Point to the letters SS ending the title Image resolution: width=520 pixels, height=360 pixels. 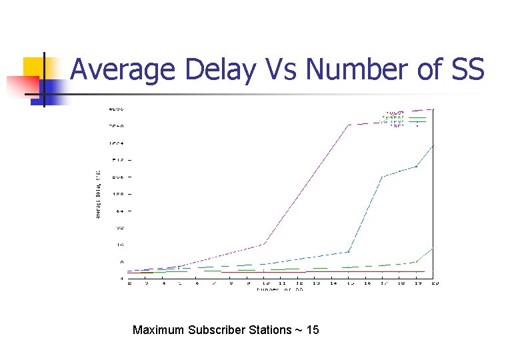(465, 69)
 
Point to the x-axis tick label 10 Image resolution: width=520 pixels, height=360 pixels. (265, 283)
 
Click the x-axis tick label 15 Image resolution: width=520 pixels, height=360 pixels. (349, 283)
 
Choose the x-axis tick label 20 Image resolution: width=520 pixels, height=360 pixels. (435, 283)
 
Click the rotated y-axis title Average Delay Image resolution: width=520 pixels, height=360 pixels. (98, 194)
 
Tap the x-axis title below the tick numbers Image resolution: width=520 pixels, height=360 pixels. (280, 289)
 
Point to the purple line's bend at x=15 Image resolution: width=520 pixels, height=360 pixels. (349, 125)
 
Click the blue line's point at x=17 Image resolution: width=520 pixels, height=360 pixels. (383, 177)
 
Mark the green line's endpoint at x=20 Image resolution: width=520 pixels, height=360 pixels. (434, 248)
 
